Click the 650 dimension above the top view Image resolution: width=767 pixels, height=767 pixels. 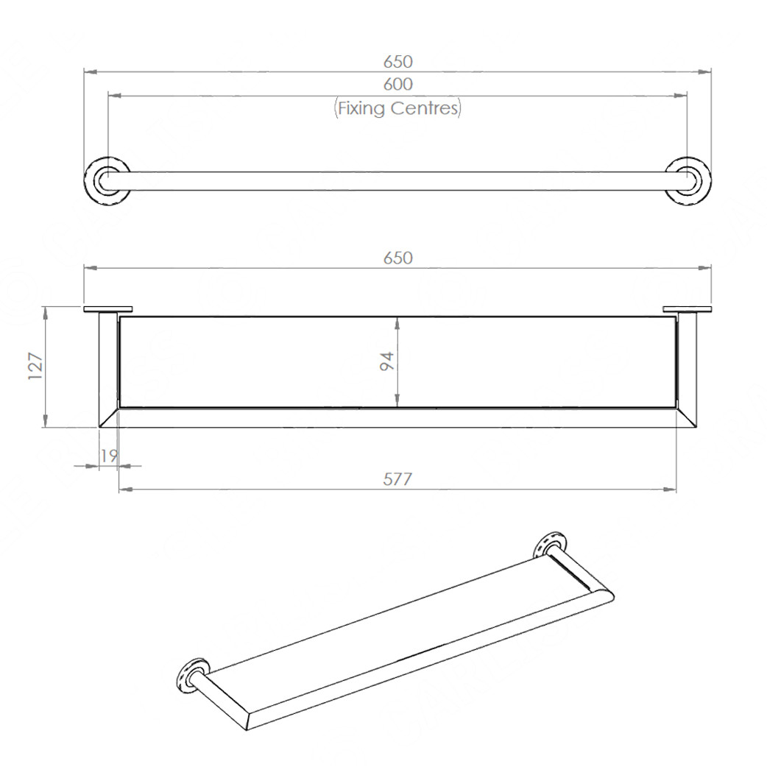point(397,61)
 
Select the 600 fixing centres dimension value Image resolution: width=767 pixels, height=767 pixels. point(397,85)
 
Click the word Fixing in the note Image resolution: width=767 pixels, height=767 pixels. point(361,109)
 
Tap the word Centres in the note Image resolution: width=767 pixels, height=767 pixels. point(425,109)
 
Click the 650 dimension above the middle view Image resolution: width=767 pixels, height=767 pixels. point(397,258)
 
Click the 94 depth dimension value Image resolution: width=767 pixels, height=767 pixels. point(387,361)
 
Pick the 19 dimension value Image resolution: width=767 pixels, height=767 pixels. point(108,456)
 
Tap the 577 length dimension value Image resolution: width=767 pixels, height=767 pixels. point(397,479)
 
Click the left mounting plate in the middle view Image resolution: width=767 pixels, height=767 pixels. point(107,309)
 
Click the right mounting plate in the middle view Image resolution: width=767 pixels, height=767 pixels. point(687,309)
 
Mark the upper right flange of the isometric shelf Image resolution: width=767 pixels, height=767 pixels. point(549,544)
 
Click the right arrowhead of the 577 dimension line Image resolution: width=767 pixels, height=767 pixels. point(671,489)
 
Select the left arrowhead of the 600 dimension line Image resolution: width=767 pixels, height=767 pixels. point(113,95)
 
